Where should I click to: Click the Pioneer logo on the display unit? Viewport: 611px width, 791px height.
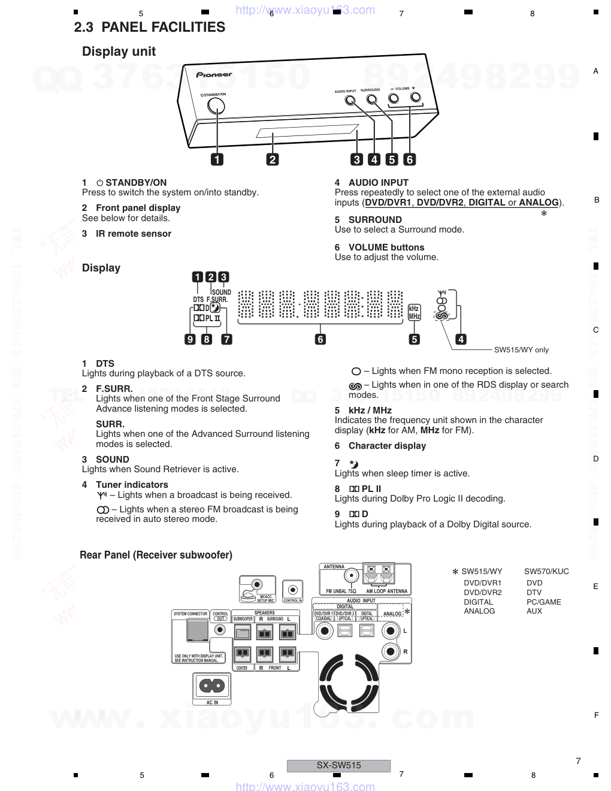point(214,75)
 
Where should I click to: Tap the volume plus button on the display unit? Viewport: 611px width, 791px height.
point(415,98)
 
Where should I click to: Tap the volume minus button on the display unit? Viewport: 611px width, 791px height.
point(394,99)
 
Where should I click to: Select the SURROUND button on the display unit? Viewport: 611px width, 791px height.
point(371,99)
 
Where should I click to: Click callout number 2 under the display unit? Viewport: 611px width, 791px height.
point(273,159)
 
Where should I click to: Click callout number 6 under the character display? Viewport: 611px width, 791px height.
point(320,339)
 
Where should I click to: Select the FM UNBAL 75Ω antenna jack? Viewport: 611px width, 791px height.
point(350,576)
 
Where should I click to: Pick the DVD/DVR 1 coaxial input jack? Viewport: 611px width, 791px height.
point(325,630)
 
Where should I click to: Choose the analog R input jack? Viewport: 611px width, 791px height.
point(391,651)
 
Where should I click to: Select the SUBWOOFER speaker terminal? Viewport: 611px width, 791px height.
point(242,632)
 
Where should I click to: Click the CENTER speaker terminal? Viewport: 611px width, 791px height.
point(242,653)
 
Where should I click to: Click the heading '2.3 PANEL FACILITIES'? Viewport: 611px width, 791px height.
point(150,27)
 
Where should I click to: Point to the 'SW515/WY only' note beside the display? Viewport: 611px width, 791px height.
point(521,350)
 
